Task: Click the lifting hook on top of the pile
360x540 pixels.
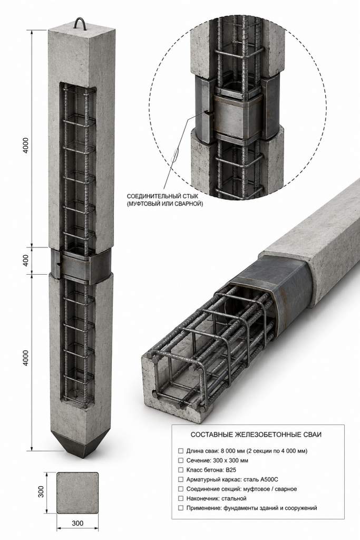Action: [x=80, y=23]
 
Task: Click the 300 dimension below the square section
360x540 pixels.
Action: [x=77, y=524]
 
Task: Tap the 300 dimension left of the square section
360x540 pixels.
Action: [x=41, y=492]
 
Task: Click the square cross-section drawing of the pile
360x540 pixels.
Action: [x=77, y=493]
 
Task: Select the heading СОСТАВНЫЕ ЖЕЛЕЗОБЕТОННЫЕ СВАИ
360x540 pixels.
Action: [x=256, y=435]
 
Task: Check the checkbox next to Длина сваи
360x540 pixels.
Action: [x=181, y=451]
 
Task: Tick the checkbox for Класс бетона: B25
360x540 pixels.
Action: [x=181, y=470]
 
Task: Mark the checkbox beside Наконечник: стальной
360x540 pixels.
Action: [x=181, y=498]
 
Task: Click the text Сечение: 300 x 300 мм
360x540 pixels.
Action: [x=217, y=460]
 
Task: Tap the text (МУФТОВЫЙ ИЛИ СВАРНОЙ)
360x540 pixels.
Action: [x=165, y=204]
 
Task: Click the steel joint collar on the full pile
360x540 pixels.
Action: [x=81, y=266]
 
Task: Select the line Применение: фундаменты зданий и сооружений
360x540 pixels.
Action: [x=251, y=508]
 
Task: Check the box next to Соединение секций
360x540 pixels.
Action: [x=181, y=489]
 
